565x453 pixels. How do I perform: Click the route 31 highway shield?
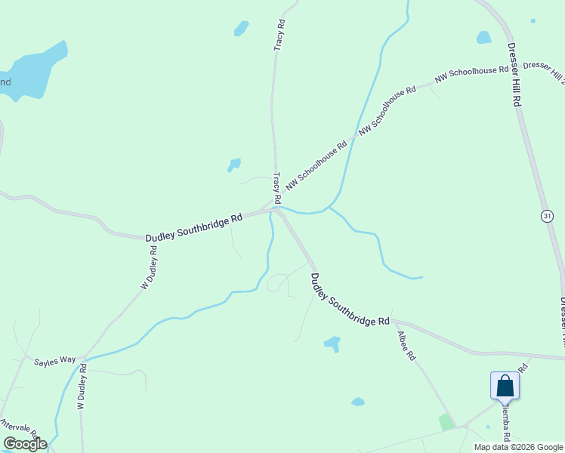tap(547, 217)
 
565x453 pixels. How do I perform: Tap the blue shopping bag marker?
tap(505, 386)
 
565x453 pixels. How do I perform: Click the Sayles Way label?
tap(55, 362)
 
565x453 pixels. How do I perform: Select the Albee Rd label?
tap(406, 344)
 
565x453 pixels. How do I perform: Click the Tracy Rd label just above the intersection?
tap(277, 187)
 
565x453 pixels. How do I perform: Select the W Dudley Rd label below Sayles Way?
tap(82, 387)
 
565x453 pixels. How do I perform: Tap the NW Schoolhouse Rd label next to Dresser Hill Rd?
tap(471, 73)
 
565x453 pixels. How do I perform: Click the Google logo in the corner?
tap(24, 444)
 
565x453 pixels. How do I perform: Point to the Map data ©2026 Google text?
tap(519, 447)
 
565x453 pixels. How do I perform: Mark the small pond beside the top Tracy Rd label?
tap(241, 29)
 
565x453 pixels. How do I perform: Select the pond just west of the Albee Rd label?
tap(332, 344)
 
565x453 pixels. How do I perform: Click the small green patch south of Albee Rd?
tap(447, 421)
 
